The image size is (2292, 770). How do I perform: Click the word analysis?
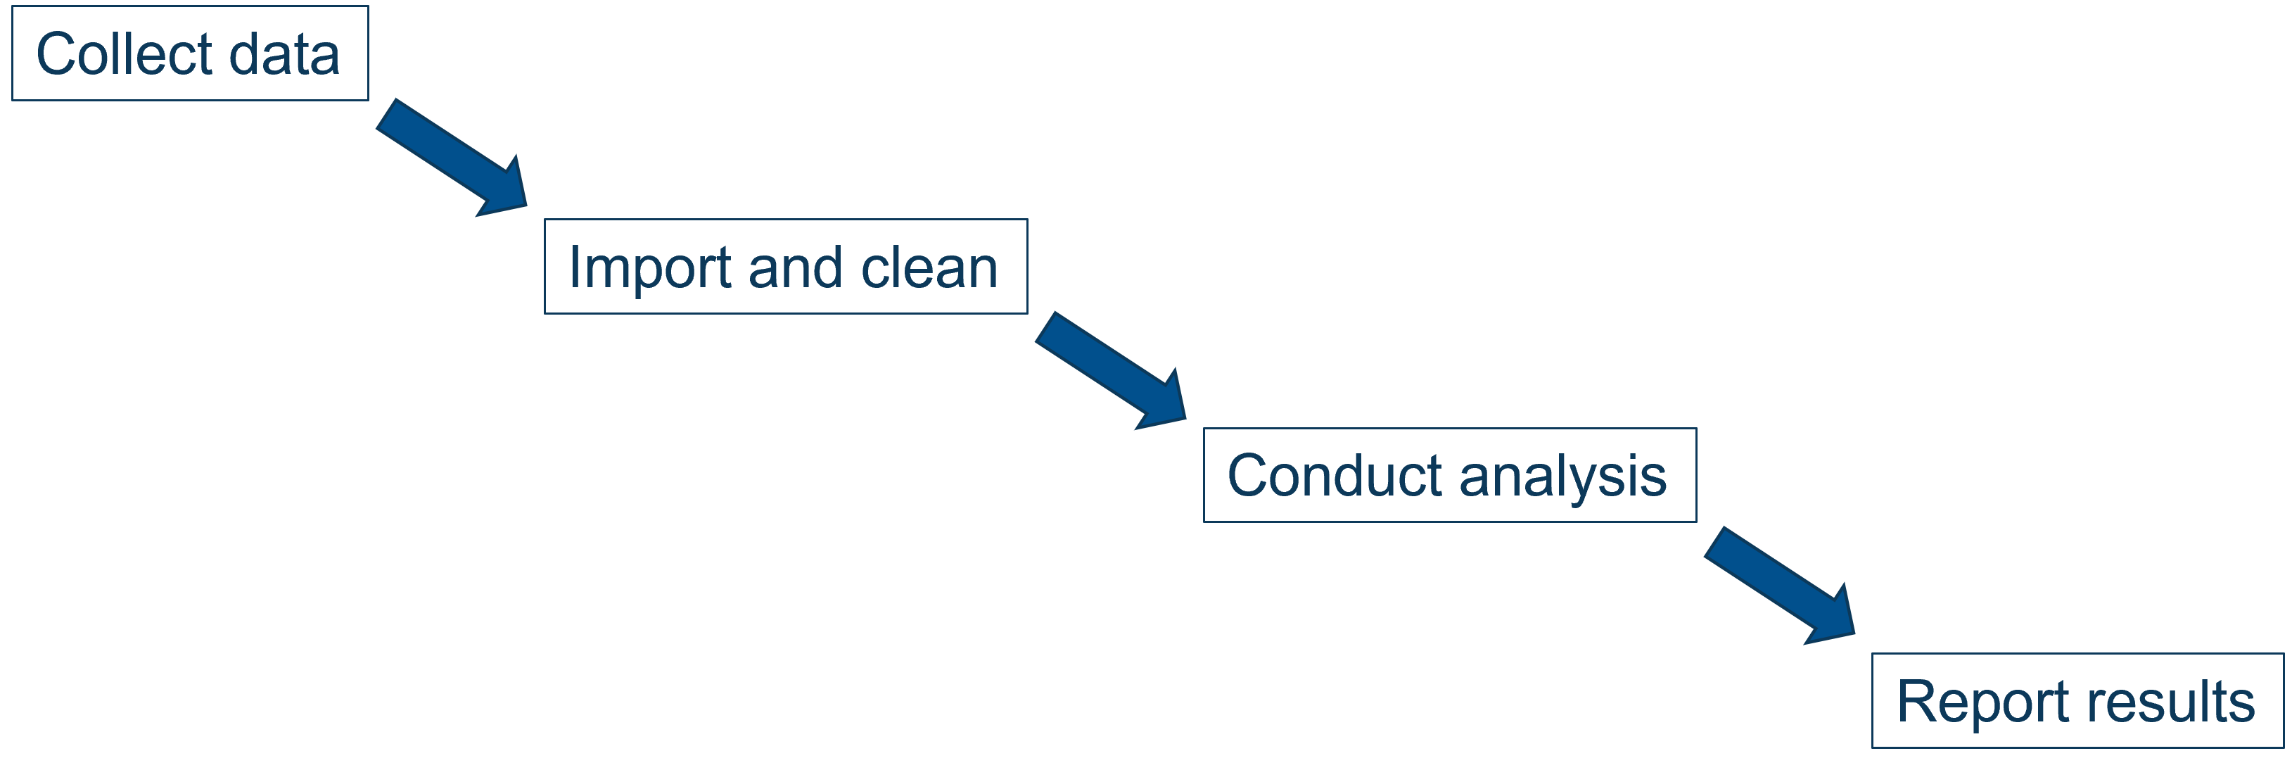click(x=1562, y=477)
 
